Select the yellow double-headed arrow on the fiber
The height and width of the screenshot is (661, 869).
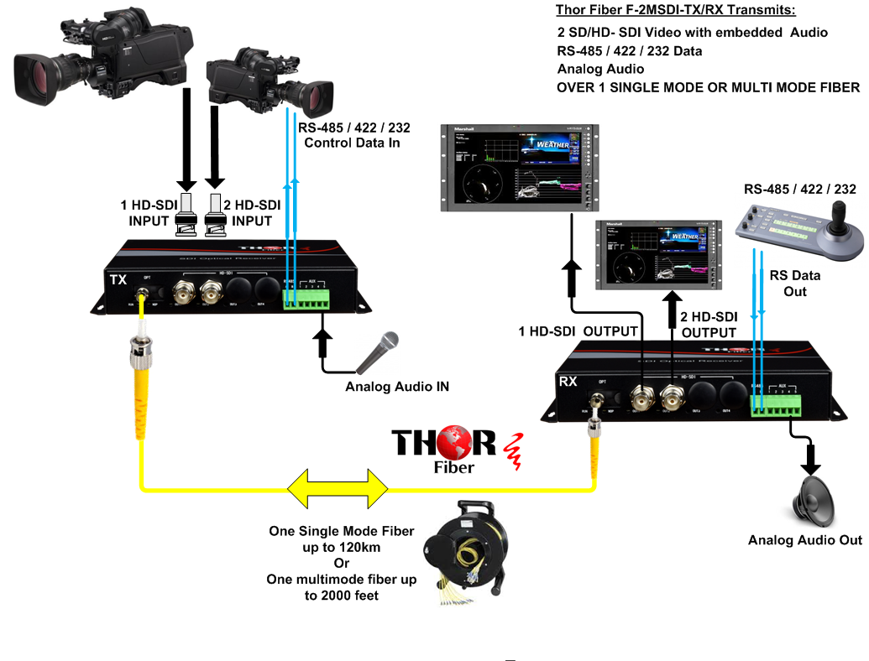click(x=338, y=487)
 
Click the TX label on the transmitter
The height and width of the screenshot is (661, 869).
click(x=118, y=279)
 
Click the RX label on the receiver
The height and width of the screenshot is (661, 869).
click(x=568, y=383)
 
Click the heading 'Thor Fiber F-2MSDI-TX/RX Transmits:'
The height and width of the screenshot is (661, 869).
click(x=675, y=11)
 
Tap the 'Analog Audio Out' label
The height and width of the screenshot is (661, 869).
click(x=804, y=540)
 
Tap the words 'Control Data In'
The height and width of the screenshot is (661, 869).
click(x=351, y=143)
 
